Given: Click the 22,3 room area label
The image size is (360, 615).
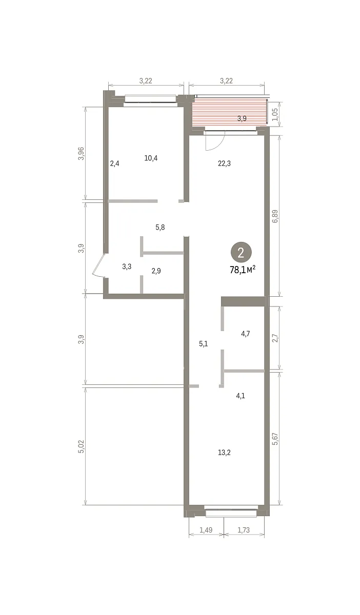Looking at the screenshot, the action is click(x=224, y=163).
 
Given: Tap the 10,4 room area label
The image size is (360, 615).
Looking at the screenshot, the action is click(x=151, y=158).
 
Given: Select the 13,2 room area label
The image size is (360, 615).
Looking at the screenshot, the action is click(x=224, y=453).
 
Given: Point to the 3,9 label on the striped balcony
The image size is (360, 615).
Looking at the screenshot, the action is click(x=242, y=118).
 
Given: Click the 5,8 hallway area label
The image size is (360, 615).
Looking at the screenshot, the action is click(x=160, y=228).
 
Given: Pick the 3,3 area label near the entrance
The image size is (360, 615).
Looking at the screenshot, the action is click(x=127, y=266).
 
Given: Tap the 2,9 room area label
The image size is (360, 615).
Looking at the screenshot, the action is click(x=156, y=271).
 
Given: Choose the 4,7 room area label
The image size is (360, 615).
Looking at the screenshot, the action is click(x=246, y=334).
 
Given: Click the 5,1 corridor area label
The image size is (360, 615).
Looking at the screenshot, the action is click(x=204, y=344).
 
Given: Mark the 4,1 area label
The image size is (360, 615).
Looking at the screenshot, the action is click(x=241, y=396).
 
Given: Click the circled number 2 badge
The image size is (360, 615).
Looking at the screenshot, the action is click(x=241, y=252).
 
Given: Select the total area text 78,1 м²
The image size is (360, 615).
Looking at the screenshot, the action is click(x=243, y=270).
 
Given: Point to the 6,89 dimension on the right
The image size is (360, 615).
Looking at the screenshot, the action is click(x=275, y=216).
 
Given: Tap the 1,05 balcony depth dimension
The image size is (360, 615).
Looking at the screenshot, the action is click(x=275, y=114).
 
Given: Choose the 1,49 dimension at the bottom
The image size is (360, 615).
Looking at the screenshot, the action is click(x=206, y=530).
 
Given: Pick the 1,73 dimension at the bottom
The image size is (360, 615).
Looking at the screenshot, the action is click(x=244, y=530).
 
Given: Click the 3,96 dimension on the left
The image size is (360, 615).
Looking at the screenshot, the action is click(x=82, y=153).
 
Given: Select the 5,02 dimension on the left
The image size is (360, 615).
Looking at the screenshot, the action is click(x=82, y=446).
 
